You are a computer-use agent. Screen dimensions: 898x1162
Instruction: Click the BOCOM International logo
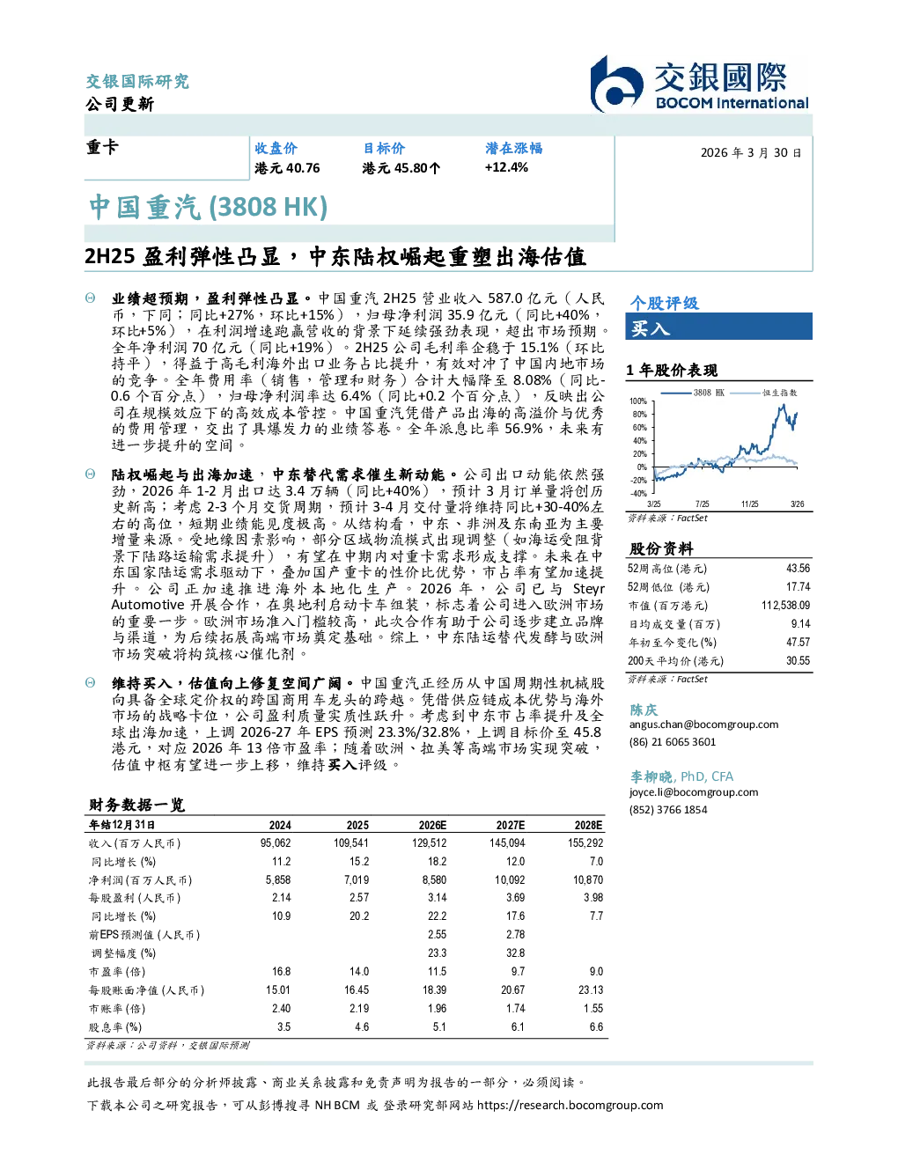point(699,84)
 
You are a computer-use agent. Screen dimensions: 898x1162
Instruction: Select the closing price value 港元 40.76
point(287,168)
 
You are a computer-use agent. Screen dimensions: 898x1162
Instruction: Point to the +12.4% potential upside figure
point(506,167)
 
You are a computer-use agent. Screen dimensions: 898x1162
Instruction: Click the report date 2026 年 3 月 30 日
point(751,153)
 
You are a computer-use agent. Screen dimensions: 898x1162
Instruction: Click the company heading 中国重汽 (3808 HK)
point(208,207)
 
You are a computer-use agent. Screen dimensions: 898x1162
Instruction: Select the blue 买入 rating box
point(718,327)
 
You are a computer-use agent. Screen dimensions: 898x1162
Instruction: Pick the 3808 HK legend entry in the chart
point(693,393)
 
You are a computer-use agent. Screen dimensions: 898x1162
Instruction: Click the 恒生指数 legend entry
point(764,393)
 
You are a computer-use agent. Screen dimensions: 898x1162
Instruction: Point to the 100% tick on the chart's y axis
point(638,401)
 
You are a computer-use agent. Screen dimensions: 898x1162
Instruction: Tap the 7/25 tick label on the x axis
point(702,504)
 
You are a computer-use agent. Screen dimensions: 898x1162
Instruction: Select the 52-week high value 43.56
point(798,568)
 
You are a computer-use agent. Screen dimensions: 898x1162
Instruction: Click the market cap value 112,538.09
point(785,605)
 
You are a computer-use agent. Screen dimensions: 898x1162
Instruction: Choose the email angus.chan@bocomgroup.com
point(703,724)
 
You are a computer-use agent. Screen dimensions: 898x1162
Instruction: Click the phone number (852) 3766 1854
point(668,810)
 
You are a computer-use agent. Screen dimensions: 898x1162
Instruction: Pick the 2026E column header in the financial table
point(432,825)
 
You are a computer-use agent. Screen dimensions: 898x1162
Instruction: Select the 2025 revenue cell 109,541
point(351,843)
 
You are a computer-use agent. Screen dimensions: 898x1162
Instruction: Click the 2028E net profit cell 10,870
point(588,879)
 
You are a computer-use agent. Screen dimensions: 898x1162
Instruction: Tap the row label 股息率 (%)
point(115,1027)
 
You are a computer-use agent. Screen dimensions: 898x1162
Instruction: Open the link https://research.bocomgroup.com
point(570,1106)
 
